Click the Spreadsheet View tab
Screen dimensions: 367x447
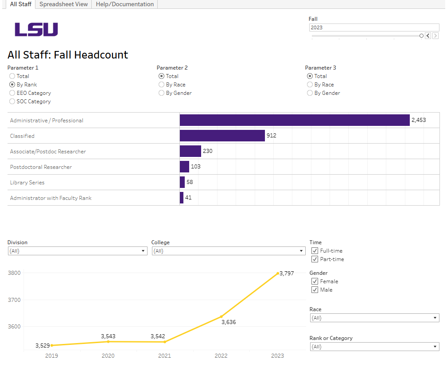pos(63,4)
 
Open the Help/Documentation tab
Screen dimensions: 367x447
pos(124,4)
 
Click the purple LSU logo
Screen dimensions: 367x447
pos(36,30)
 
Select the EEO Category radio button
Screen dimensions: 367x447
pos(12,93)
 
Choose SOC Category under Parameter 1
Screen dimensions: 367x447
pos(12,102)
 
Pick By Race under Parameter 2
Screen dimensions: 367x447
pos(162,85)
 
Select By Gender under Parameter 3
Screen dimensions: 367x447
pos(310,93)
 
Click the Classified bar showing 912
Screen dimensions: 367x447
pos(222,136)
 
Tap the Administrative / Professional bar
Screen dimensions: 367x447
pos(295,120)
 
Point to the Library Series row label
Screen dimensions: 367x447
pos(27,183)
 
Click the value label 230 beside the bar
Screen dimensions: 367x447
pos(207,151)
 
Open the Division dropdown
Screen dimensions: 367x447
pos(78,251)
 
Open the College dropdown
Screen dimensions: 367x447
pos(228,251)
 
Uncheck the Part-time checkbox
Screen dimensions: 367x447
pos(315,259)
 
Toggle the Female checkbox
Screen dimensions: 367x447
pos(315,281)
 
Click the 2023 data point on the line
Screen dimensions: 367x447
pos(278,273)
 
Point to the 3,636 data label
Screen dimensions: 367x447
pos(229,322)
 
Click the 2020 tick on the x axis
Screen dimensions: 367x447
pos(108,356)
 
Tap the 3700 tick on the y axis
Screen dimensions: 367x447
pos(14,300)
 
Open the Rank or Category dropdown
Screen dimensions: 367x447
pos(374,347)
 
